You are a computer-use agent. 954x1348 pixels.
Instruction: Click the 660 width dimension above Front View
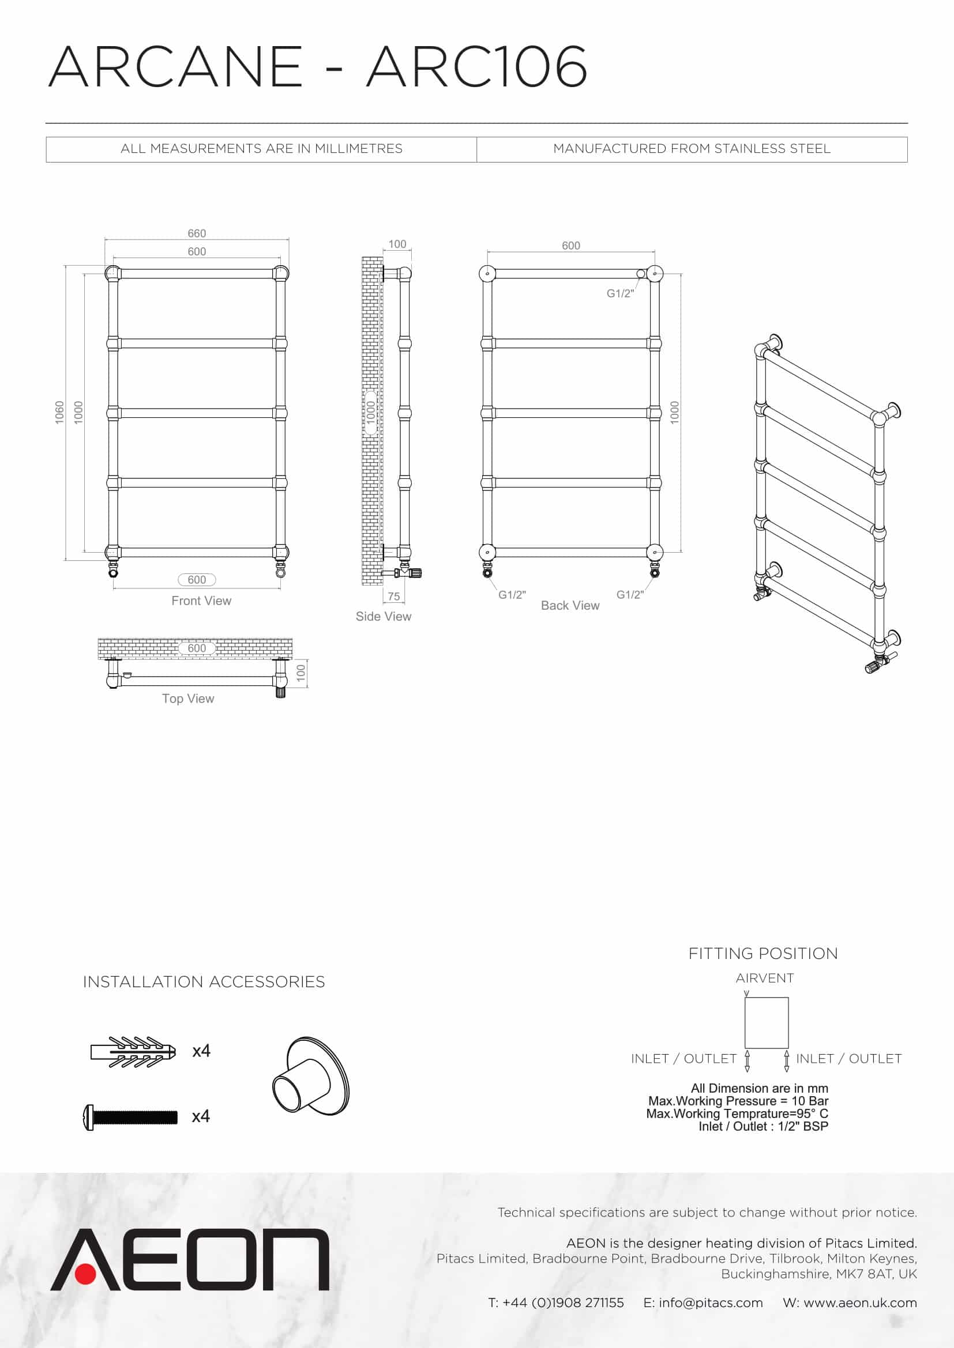click(197, 233)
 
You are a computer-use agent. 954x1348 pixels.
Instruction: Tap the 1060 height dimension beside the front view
click(59, 412)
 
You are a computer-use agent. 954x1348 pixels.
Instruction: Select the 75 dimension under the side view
click(393, 596)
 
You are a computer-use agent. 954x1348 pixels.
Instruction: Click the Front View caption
click(201, 601)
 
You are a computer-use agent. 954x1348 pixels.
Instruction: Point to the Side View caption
click(383, 617)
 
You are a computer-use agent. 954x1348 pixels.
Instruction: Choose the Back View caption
click(570, 605)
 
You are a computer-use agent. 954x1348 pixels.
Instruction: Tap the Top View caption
click(188, 698)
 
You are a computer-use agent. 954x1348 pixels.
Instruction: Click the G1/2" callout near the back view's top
click(619, 293)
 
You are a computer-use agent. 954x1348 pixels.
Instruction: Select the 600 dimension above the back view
click(570, 246)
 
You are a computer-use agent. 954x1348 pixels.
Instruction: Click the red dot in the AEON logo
click(86, 1275)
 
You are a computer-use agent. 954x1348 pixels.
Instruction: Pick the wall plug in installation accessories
click(133, 1052)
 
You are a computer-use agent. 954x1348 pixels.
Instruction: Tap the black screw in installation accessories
click(130, 1117)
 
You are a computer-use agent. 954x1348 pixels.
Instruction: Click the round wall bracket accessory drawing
click(311, 1077)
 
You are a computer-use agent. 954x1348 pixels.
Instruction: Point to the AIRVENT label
click(764, 978)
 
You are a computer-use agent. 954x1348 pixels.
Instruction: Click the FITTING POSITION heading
click(763, 953)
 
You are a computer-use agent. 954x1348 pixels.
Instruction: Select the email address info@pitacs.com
click(710, 1303)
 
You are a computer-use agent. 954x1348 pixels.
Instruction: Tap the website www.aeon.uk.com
click(860, 1303)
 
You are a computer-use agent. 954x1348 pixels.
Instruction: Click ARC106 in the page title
click(476, 66)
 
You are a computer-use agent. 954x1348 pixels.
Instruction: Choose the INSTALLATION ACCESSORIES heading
click(203, 981)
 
